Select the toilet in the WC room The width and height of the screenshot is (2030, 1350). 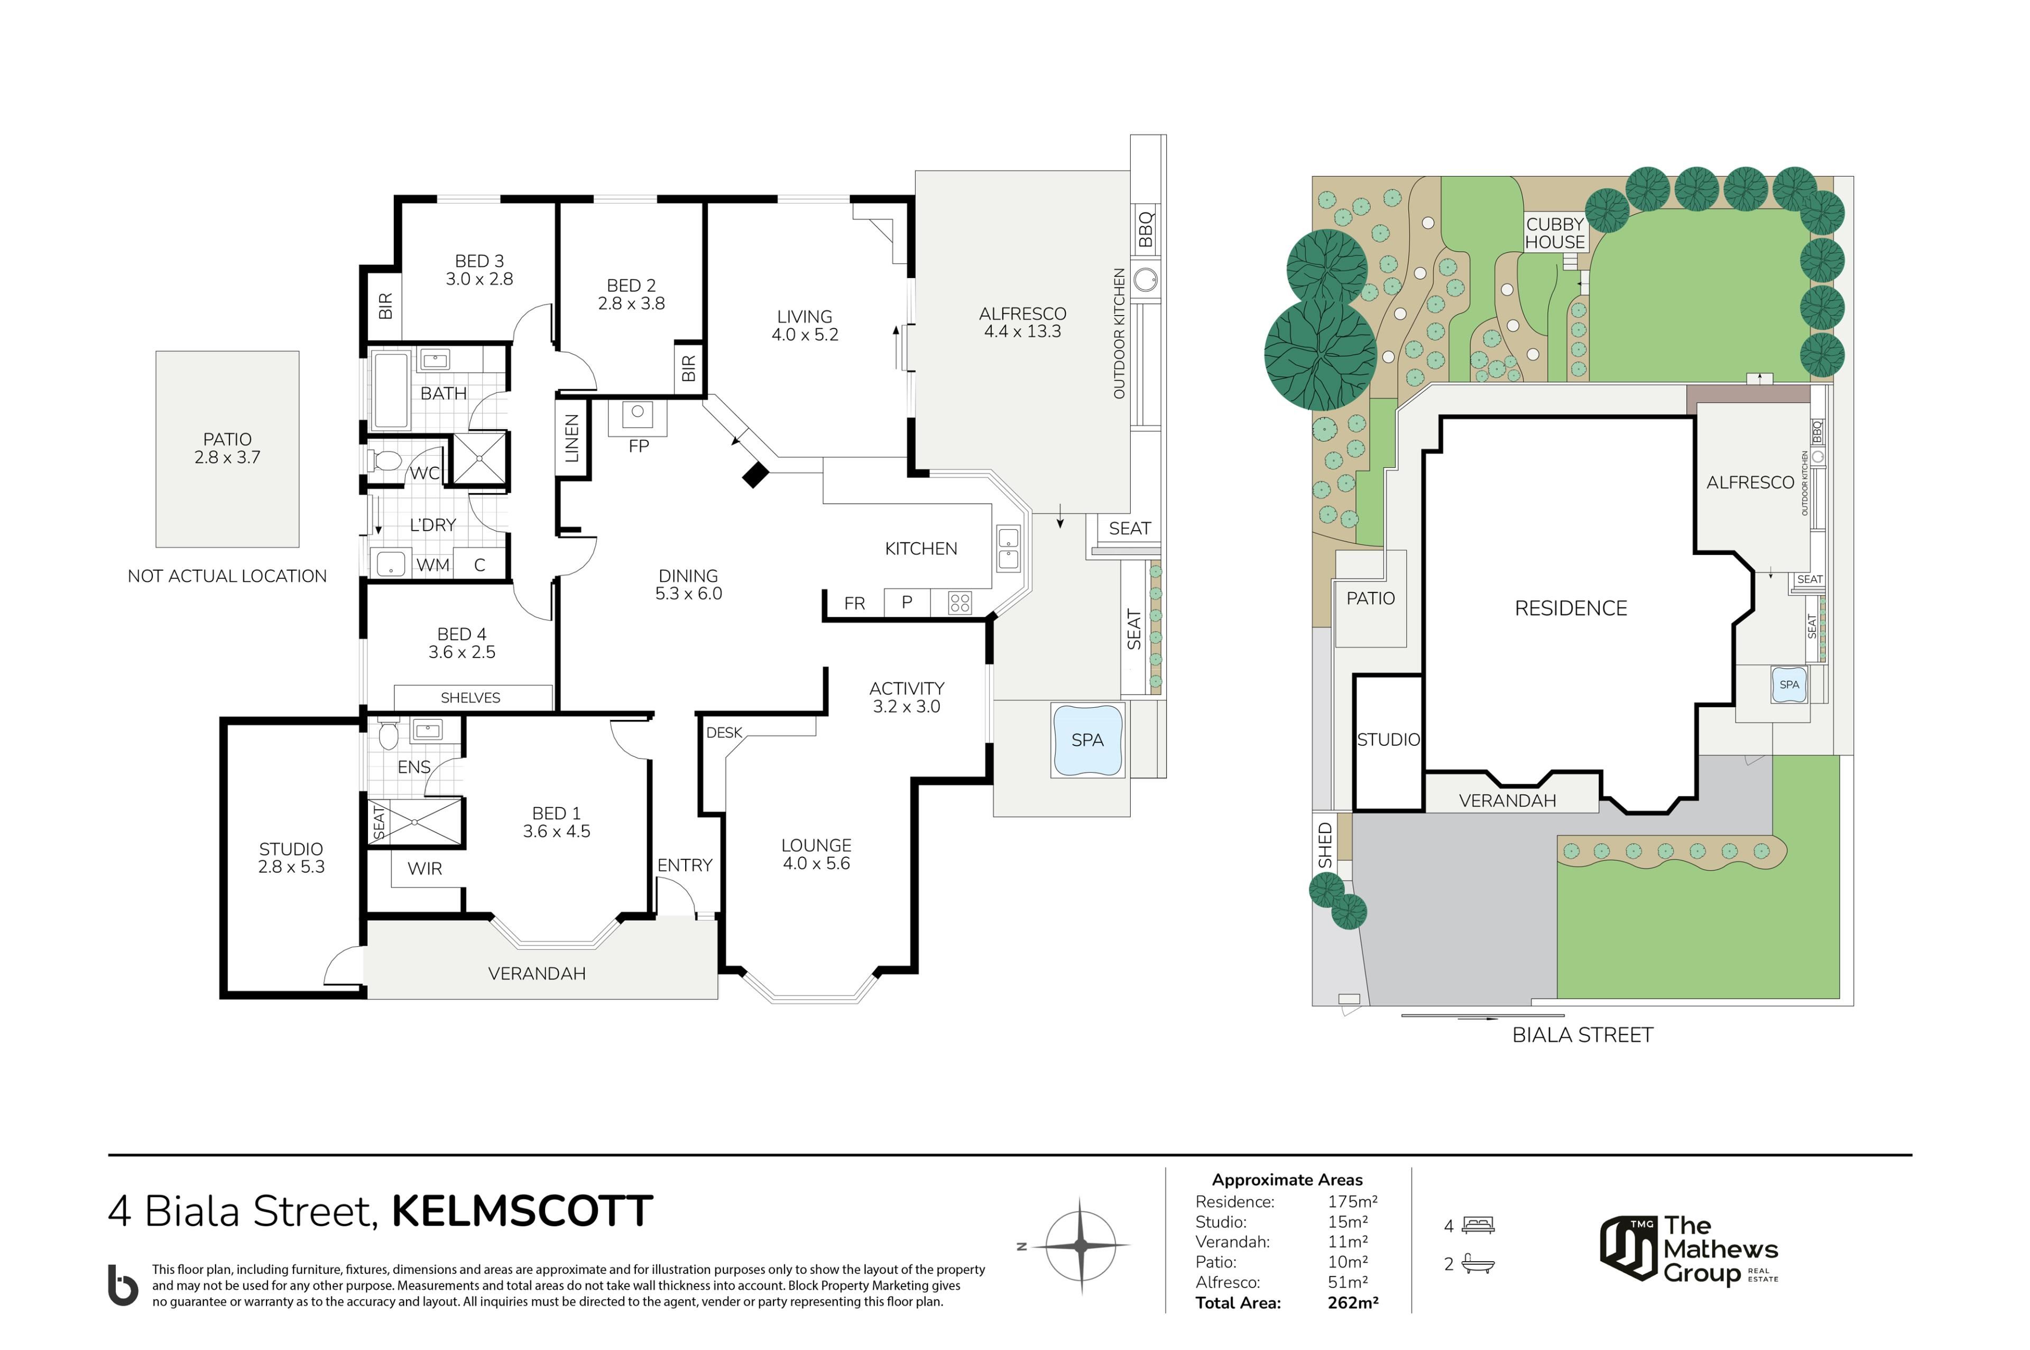(x=385, y=460)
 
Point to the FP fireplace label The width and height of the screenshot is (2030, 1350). (x=639, y=446)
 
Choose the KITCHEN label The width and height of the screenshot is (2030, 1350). (x=921, y=549)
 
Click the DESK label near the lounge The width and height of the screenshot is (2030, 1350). (x=724, y=733)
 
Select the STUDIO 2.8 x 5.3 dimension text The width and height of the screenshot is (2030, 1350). (x=291, y=867)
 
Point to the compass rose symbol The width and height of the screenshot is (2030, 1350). (x=1081, y=1245)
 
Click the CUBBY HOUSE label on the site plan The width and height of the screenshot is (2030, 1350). (x=1555, y=233)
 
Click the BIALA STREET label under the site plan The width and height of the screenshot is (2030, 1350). (x=1582, y=1035)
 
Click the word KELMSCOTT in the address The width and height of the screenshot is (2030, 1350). (x=522, y=1212)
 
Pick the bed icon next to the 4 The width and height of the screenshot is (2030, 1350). (x=1478, y=1225)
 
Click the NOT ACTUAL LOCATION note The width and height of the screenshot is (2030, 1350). (x=227, y=576)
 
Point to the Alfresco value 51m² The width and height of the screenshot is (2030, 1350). (x=1348, y=1282)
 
